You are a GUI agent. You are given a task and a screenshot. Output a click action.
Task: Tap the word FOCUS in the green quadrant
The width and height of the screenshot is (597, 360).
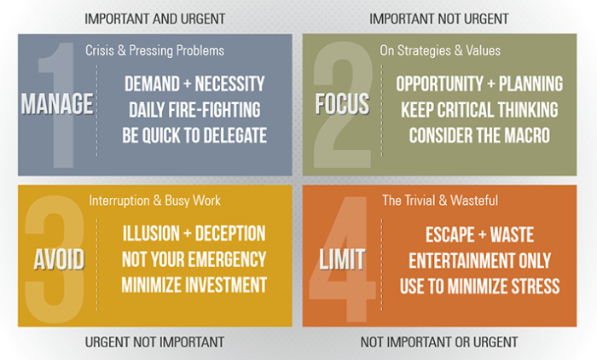pos(341,105)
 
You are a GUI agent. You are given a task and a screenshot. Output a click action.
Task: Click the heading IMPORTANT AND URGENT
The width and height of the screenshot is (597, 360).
pos(154,18)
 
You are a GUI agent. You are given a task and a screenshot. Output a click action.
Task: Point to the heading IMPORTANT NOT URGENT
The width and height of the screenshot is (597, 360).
pos(439,18)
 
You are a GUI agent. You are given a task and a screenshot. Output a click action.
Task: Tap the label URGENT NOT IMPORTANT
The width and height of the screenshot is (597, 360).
pos(154,341)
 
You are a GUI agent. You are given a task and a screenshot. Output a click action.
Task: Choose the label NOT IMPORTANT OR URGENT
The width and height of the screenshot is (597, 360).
pos(439,341)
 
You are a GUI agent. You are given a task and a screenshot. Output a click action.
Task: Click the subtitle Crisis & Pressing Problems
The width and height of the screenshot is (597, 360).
pos(154,51)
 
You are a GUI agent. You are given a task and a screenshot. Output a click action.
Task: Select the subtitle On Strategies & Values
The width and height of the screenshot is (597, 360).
pos(440,51)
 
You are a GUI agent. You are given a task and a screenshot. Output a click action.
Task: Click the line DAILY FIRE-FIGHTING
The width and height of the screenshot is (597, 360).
pos(194,109)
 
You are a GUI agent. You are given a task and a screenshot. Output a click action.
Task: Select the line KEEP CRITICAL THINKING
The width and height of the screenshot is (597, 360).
pos(478,109)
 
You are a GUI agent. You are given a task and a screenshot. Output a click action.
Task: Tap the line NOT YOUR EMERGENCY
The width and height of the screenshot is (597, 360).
pos(194,259)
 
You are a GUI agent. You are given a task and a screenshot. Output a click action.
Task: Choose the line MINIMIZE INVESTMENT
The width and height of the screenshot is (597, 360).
pos(194,284)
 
